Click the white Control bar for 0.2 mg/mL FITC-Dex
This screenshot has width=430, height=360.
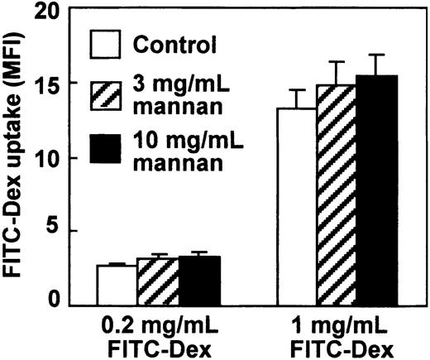coord(117,284)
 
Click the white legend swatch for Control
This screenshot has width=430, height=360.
coord(107,43)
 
